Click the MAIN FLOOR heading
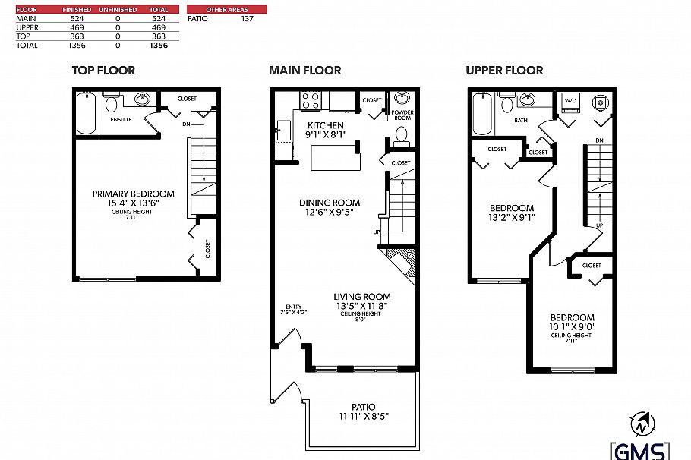pos(304,71)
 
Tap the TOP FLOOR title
pos(103,71)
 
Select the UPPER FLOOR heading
pos(504,71)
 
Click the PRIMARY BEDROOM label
pos(133,194)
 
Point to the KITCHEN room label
pos(325,125)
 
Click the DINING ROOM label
pos(329,203)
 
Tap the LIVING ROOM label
pos(361,297)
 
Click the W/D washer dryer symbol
pos(570,101)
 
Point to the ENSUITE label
pos(122,120)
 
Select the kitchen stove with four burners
pos(311,100)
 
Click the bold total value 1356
pos(158,45)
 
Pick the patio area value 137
pos(247,18)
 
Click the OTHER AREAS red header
pos(226,9)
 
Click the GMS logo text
pos(641,449)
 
